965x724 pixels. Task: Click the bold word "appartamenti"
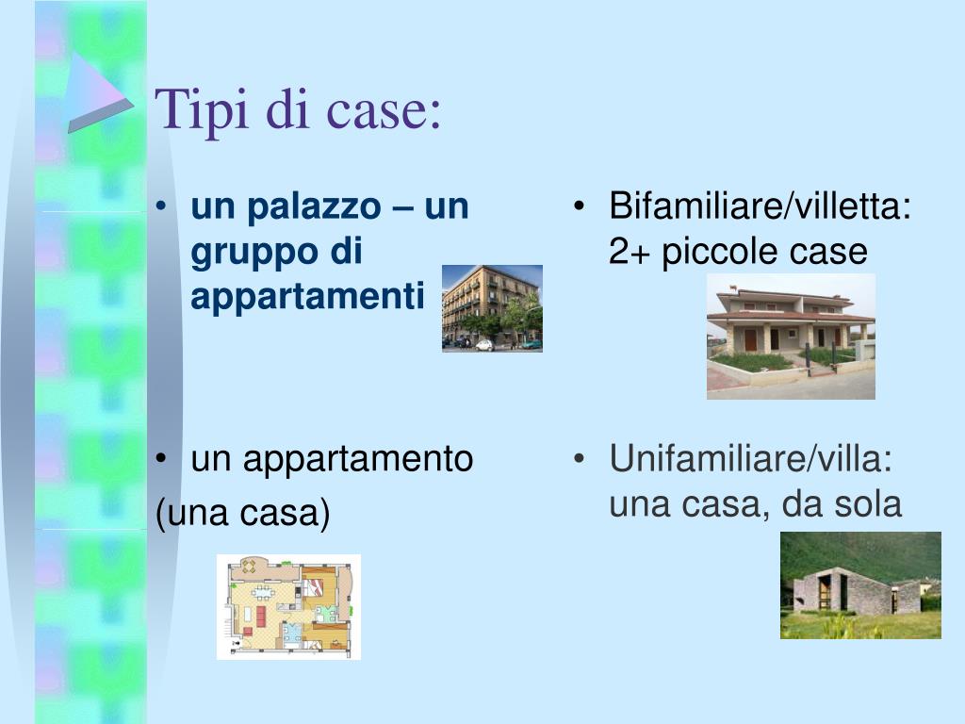point(307,297)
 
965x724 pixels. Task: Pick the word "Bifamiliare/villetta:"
point(760,207)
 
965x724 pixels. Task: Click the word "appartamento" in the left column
point(358,460)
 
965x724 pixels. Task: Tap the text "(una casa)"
point(243,515)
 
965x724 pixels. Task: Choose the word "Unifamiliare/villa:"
point(750,460)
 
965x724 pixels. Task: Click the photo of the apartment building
point(492,307)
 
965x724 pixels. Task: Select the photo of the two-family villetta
point(791,337)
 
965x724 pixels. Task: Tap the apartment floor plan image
point(288,606)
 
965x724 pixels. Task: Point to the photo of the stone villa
point(860,585)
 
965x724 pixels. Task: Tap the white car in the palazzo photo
point(484,345)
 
